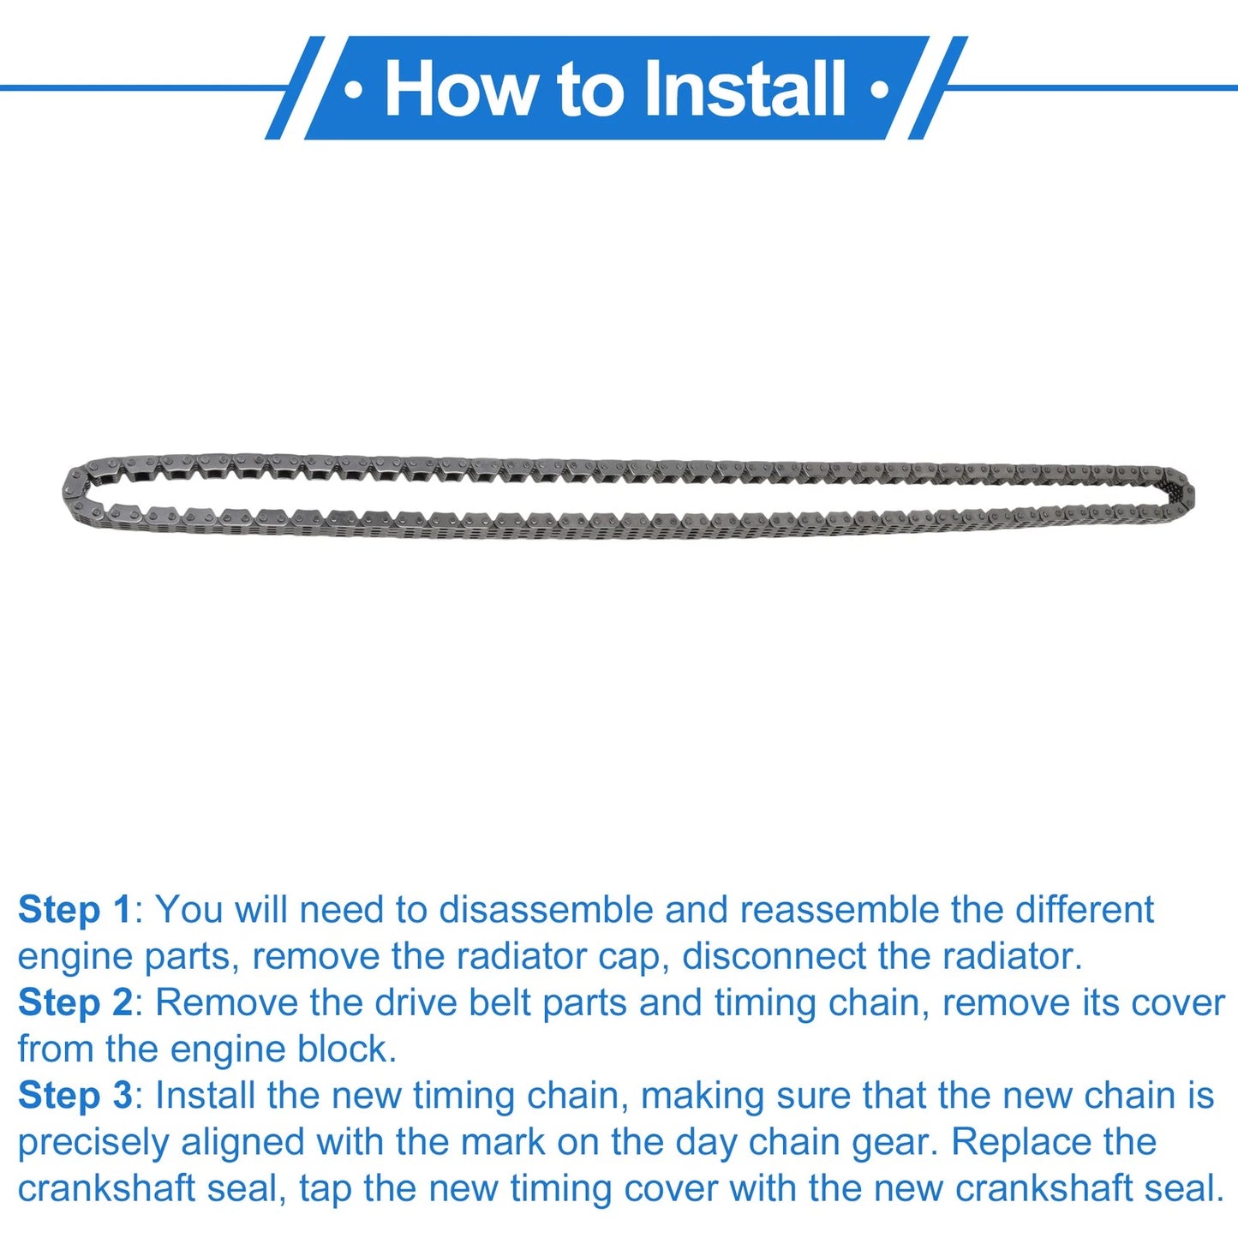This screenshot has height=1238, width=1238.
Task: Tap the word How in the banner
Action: tap(458, 87)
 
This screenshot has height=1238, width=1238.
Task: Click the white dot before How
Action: tap(353, 90)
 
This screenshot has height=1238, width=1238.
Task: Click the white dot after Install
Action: tap(880, 90)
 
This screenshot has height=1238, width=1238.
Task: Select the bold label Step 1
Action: tap(75, 911)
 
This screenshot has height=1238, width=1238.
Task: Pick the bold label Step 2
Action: tap(75, 1003)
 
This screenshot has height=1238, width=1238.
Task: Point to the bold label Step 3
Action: tap(75, 1096)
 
